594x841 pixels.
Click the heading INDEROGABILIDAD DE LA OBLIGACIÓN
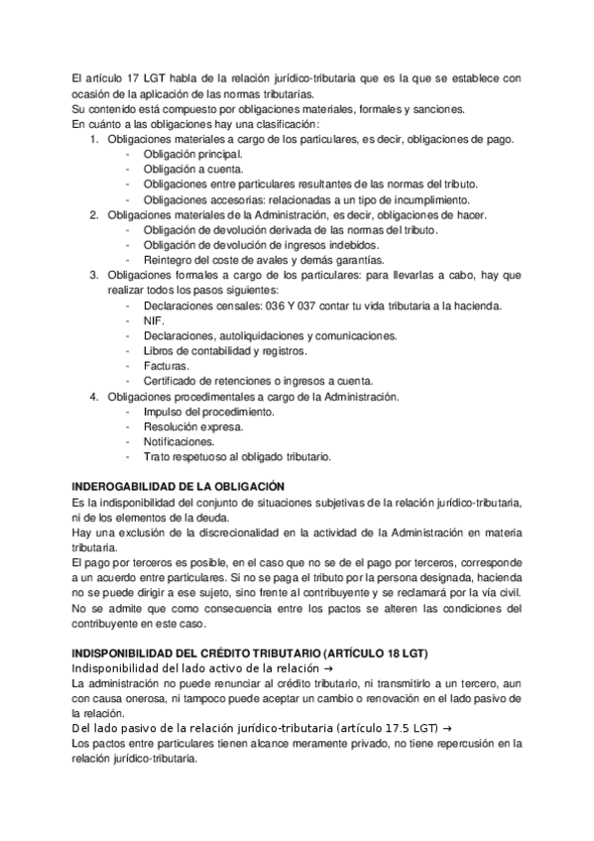pos(179,486)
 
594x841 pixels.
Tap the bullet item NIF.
pos(153,321)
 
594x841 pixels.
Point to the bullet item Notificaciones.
pos(178,441)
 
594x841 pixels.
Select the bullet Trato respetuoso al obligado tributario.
pos(237,456)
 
